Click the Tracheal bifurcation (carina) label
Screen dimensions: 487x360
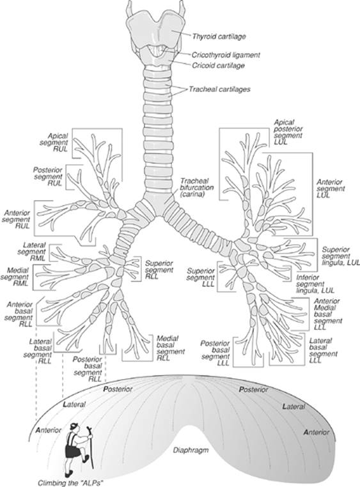click(196, 190)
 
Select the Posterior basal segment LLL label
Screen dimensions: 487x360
click(216, 351)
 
